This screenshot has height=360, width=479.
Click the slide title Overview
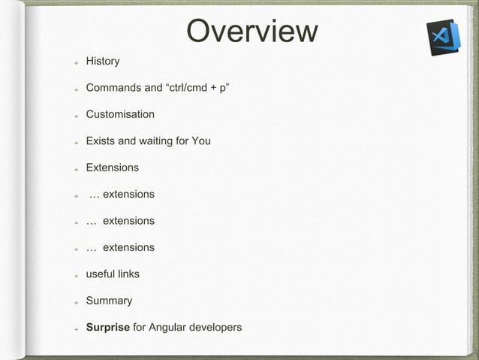coord(252,32)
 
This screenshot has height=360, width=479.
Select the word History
coord(103,61)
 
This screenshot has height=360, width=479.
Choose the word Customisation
coord(120,114)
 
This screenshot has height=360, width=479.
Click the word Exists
coord(101,141)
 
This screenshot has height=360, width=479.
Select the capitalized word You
coord(201,141)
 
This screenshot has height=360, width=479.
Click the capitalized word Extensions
coord(112,168)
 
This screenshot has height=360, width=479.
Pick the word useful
coord(101,274)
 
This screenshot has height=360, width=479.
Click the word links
coord(130,274)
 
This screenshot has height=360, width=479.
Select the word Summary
coord(109,301)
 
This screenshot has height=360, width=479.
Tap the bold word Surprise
coord(107,328)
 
